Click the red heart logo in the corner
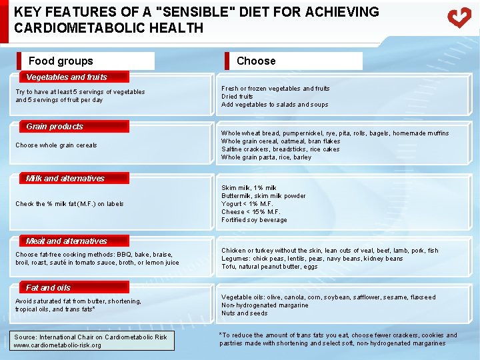pos(459,17)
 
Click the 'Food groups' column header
pos(61,61)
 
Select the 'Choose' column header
pos(256,61)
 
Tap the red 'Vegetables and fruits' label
pos(67,77)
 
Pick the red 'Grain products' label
pos(55,126)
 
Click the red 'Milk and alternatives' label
pos(65,178)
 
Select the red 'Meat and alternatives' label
pos(67,241)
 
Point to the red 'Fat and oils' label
pos(48,287)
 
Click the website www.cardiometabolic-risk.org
pos(57,345)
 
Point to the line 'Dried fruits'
pos(237,97)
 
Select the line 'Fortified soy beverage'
pos(254,220)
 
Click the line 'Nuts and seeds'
pos(245,313)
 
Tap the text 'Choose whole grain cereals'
pos(56,145)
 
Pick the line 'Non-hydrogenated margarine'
pos(265,305)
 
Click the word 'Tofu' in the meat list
pos(229,267)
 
